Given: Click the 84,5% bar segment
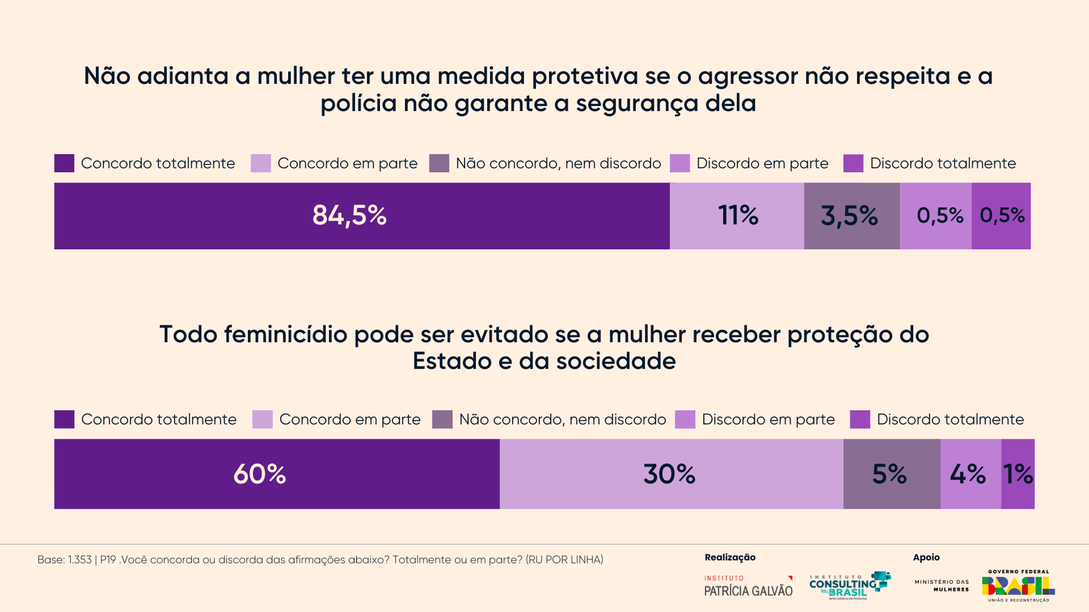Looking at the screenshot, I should tap(362, 216).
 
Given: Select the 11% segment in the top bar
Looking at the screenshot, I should tap(737, 216).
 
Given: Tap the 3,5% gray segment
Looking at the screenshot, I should tap(851, 216).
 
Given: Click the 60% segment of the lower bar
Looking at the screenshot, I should tap(277, 474).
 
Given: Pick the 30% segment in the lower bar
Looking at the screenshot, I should tap(671, 474).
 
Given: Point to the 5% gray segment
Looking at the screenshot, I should tap(891, 474).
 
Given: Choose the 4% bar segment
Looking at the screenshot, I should tap(970, 474).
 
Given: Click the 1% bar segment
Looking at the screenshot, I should tap(1018, 474).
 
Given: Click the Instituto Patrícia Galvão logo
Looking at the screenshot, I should tap(748, 586).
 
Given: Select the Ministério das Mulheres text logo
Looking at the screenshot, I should tap(942, 585).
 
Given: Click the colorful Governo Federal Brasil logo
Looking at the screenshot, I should tap(1018, 586).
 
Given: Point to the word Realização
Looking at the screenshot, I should tap(730, 558).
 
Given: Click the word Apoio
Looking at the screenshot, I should tap(926, 558).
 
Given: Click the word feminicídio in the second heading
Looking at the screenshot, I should tap(285, 334).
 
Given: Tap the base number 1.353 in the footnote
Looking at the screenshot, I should tap(79, 560).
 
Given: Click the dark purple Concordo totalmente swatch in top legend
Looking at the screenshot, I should tap(64, 163).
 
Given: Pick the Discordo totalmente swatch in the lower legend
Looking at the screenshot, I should tap(860, 419).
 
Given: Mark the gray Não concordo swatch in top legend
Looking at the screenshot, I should tap(439, 163).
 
